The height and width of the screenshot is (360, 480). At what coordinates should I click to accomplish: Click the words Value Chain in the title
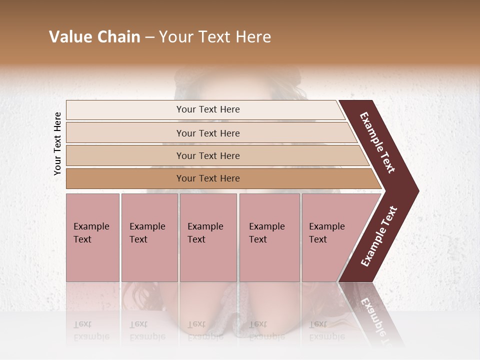pos(94,37)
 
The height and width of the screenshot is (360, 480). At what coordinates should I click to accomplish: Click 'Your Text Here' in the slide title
pos(215,37)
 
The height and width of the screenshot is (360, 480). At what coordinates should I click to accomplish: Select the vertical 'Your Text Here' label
pos(57,143)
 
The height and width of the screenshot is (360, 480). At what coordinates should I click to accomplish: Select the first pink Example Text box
pos(92,237)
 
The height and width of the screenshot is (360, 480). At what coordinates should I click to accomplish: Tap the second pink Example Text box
pos(149,237)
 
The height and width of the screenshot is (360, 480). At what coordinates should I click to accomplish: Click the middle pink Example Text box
pos(208,237)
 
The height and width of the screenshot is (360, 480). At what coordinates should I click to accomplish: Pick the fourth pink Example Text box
pos(269,237)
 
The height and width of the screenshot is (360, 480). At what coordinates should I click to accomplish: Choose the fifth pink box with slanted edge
pos(330,237)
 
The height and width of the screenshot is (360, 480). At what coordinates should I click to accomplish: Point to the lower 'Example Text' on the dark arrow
pos(379,236)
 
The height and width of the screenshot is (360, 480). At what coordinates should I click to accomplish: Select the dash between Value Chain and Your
pos(149,37)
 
